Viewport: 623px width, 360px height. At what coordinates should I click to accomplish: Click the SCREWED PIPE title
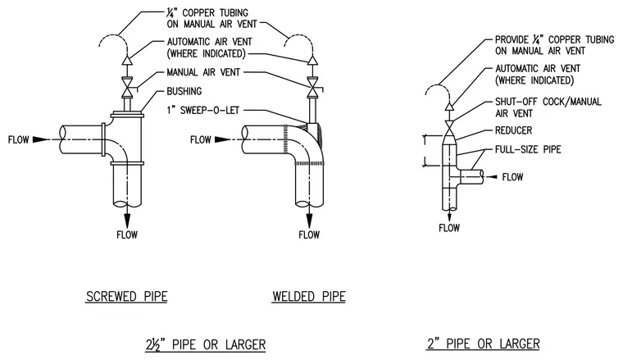[x=127, y=296]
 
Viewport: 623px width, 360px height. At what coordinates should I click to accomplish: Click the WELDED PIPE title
[x=309, y=296]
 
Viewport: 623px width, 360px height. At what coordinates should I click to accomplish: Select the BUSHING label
[x=184, y=91]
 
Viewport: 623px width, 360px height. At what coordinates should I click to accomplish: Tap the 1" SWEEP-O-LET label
[x=203, y=110]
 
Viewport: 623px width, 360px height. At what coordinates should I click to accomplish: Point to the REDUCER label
[x=513, y=130]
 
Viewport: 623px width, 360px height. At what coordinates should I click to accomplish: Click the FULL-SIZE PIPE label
[x=528, y=149]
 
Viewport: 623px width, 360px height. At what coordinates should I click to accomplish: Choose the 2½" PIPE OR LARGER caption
[x=206, y=344]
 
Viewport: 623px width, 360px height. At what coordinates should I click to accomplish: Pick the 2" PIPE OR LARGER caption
[x=483, y=344]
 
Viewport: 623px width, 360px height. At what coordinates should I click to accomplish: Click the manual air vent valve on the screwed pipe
[x=127, y=87]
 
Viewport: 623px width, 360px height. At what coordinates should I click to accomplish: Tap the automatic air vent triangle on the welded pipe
[x=311, y=60]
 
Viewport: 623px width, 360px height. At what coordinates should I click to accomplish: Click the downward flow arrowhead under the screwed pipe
[x=127, y=220]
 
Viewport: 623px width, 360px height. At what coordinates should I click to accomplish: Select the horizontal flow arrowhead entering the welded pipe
[x=222, y=139]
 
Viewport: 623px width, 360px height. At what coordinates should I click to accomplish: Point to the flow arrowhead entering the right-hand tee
[x=493, y=176]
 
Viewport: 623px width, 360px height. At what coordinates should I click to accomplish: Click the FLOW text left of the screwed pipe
[x=18, y=139]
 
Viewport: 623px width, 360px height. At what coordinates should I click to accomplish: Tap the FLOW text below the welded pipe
[x=309, y=235]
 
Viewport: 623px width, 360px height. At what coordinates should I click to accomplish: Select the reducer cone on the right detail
[x=450, y=139]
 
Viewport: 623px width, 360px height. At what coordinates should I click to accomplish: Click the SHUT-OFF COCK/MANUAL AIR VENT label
[x=548, y=107]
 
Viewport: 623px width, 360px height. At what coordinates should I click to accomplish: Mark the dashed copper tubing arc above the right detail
[x=438, y=85]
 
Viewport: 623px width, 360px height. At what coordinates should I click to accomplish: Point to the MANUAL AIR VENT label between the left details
[x=203, y=72]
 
